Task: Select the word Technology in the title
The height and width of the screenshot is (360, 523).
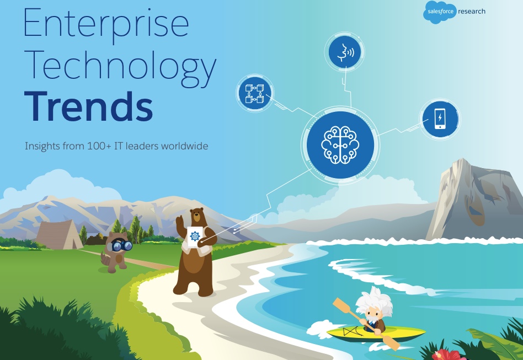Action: (120, 68)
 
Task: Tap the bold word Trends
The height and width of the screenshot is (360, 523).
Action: (89, 106)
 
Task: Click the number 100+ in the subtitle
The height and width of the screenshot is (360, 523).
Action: (99, 146)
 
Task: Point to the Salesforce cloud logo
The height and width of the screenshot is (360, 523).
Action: (440, 12)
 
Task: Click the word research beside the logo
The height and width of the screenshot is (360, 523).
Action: (472, 12)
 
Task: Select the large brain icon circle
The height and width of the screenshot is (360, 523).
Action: (340, 144)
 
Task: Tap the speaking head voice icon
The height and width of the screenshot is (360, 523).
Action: (345, 52)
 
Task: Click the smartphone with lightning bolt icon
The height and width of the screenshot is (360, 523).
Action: (440, 119)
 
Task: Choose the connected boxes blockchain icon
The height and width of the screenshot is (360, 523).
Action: (255, 93)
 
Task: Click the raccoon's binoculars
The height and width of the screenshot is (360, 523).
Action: (122, 246)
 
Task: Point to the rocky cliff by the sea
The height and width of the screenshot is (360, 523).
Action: (476, 200)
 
